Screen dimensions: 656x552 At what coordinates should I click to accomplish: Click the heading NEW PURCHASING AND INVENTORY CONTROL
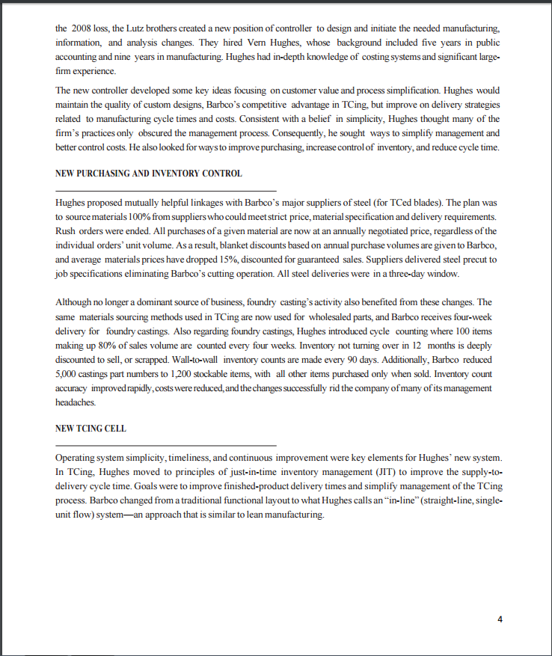(149, 174)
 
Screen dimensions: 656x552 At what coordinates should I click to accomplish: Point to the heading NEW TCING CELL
(91, 429)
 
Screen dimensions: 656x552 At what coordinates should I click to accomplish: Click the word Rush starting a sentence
(67, 230)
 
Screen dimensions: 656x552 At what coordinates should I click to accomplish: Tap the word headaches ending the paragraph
(76, 402)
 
